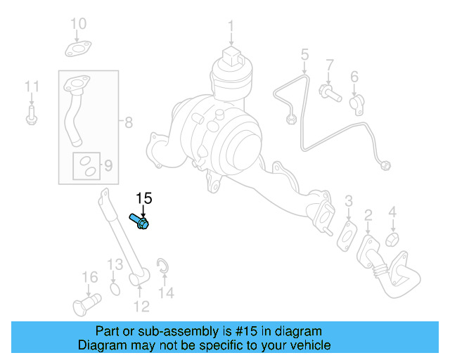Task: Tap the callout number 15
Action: [x=143, y=198]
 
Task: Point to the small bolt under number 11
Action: [x=31, y=116]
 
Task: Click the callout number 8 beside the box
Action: [x=129, y=122]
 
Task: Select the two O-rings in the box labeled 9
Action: [x=87, y=166]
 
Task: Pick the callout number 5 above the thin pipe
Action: [x=304, y=54]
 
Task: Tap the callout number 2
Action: [x=368, y=215]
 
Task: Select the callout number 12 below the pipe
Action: [x=141, y=306]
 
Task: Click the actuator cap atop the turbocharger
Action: [x=229, y=56]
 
